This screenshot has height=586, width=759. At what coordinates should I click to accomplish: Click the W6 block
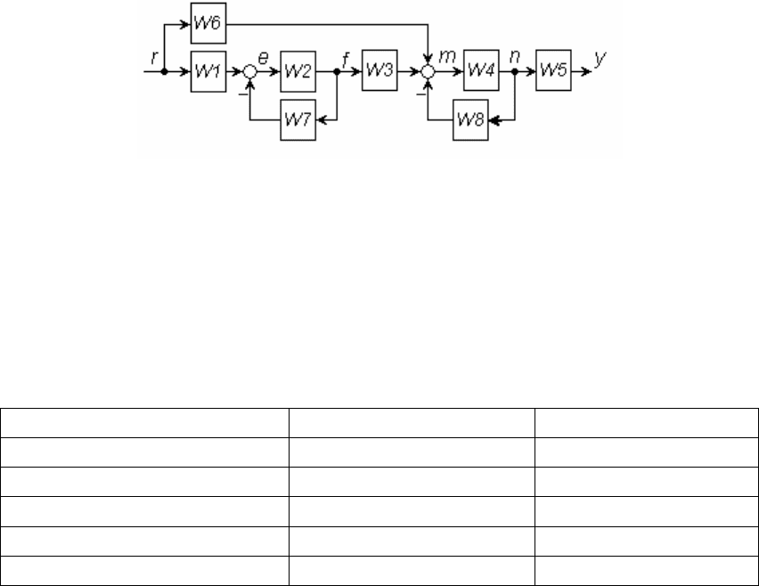pyautogui.click(x=208, y=23)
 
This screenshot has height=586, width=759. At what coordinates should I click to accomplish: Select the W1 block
pyautogui.click(x=208, y=71)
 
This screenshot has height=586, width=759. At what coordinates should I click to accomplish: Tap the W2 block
pyautogui.click(x=298, y=71)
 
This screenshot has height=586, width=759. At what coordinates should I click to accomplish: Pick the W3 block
pyautogui.click(x=379, y=70)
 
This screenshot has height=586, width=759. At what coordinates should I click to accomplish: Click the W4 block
pyautogui.click(x=481, y=70)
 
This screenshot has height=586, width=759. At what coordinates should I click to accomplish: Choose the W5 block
pyautogui.click(x=553, y=70)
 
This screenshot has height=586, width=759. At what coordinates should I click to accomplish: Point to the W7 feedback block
pyautogui.click(x=298, y=120)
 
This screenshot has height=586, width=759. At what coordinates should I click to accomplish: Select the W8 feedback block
pyautogui.click(x=470, y=120)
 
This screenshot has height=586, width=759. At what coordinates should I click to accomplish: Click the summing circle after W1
pyautogui.click(x=249, y=71)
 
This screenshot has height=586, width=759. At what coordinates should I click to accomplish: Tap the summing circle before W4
pyautogui.click(x=428, y=71)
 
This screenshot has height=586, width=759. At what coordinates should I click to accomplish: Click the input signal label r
pyautogui.click(x=154, y=58)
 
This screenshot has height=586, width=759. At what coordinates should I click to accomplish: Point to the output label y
pyautogui.click(x=600, y=59)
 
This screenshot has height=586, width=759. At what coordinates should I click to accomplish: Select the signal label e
pyautogui.click(x=263, y=58)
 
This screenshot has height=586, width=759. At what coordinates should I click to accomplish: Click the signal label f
pyautogui.click(x=346, y=60)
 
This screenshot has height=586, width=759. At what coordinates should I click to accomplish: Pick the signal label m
pyautogui.click(x=447, y=57)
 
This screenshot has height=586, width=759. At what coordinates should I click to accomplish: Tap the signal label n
pyautogui.click(x=515, y=57)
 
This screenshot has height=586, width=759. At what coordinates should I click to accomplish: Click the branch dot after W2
pyautogui.click(x=337, y=71)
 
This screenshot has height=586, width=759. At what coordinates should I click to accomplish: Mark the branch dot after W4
pyautogui.click(x=515, y=71)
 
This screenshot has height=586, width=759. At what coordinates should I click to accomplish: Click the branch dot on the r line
pyautogui.click(x=164, y=71)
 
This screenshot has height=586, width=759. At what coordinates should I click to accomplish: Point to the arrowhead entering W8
pyautogui.click(x=494, y=120)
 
